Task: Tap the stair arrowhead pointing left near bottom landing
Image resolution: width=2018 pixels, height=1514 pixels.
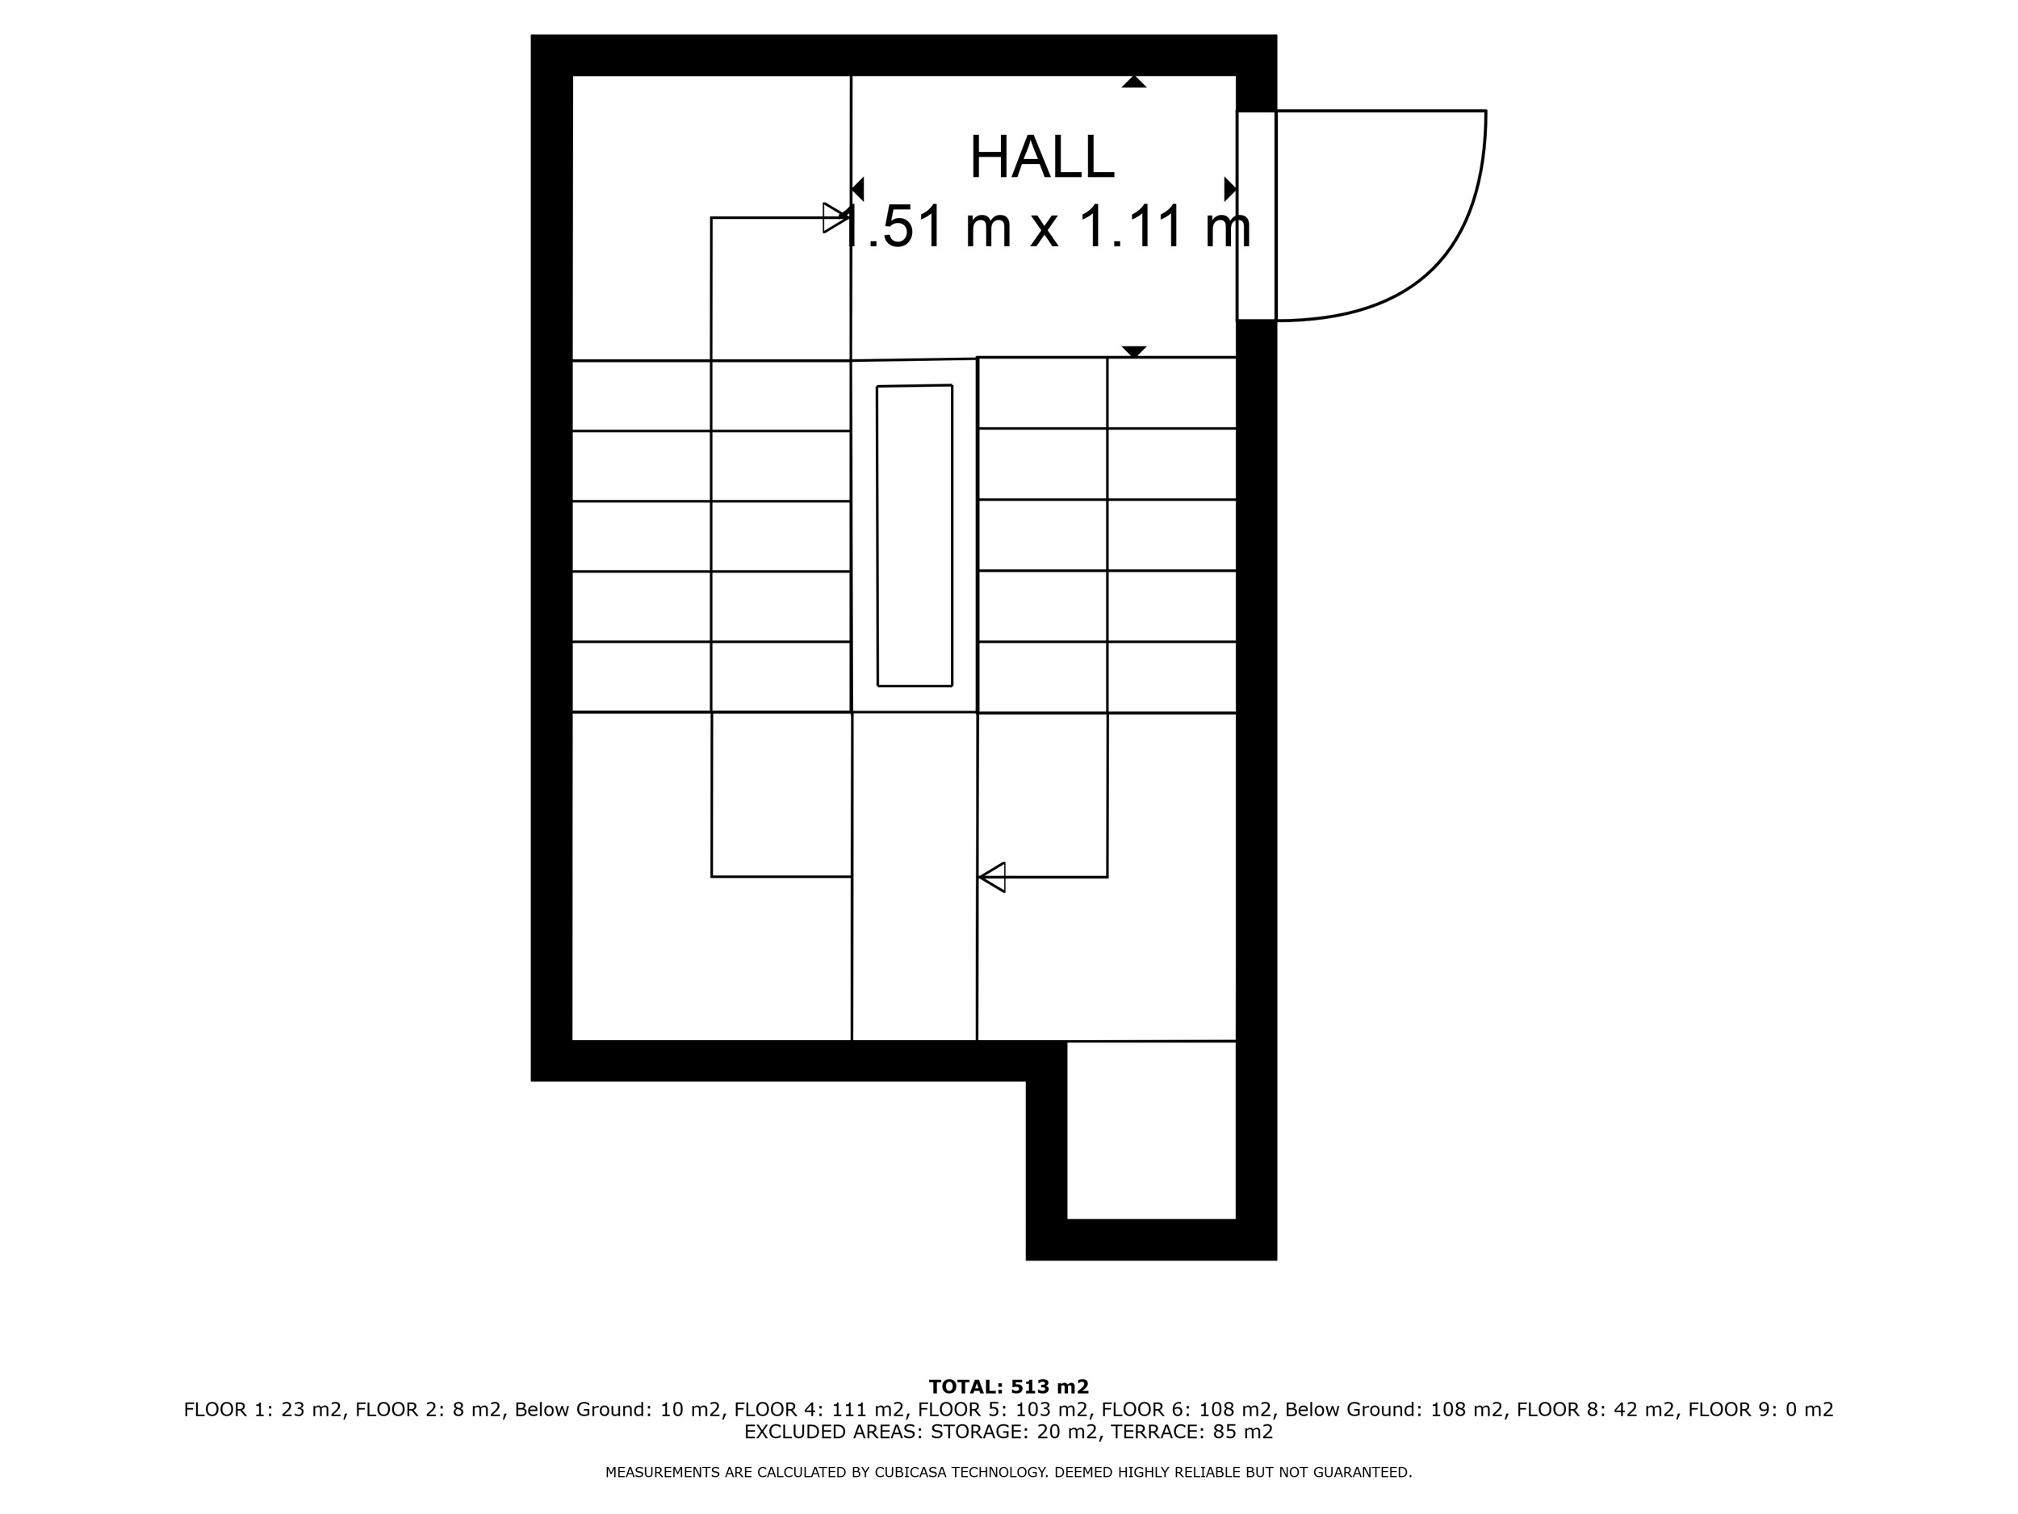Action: (x=992, y=877)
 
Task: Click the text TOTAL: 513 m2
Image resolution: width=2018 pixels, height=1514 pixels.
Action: (x=1009, y=1387)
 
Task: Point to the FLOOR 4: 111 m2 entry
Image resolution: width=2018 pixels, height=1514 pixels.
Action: (x=819, y=1409)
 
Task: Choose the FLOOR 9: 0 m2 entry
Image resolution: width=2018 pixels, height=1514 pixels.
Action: (x=1761, y=1409)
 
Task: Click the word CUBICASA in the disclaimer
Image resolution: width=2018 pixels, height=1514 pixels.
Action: (x=908, y=1472)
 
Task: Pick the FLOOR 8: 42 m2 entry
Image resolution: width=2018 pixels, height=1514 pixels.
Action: (x=1596, y=1409)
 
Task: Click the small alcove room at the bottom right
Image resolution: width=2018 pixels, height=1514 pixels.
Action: (x=1151, y=1130)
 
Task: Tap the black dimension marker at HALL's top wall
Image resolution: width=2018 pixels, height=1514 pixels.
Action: (x=1134, y=82)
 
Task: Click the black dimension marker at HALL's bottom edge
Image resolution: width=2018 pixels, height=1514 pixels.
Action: (x=1134, y=351)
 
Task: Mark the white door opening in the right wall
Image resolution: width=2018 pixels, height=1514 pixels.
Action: (x=1256, y=216)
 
